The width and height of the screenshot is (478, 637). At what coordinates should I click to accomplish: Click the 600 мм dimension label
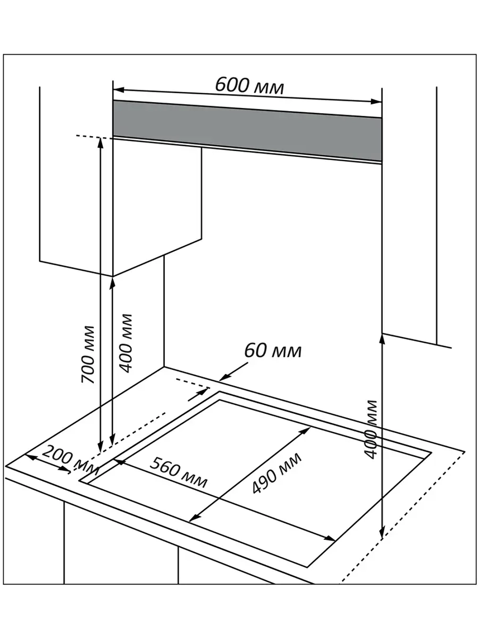[249, 86]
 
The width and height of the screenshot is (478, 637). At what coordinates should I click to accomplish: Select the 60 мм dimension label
[273, 350]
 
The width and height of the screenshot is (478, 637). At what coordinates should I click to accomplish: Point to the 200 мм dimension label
[65, 457]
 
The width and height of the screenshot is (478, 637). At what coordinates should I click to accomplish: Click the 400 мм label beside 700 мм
[126, 343]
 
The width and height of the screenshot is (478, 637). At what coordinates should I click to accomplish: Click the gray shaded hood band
[247, 131]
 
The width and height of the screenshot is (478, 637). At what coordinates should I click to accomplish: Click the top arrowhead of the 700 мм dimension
[100, 141]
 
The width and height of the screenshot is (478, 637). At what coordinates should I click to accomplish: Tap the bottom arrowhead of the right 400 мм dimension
[381, 532]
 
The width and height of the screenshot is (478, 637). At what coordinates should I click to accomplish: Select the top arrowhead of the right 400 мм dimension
[381, 338]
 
